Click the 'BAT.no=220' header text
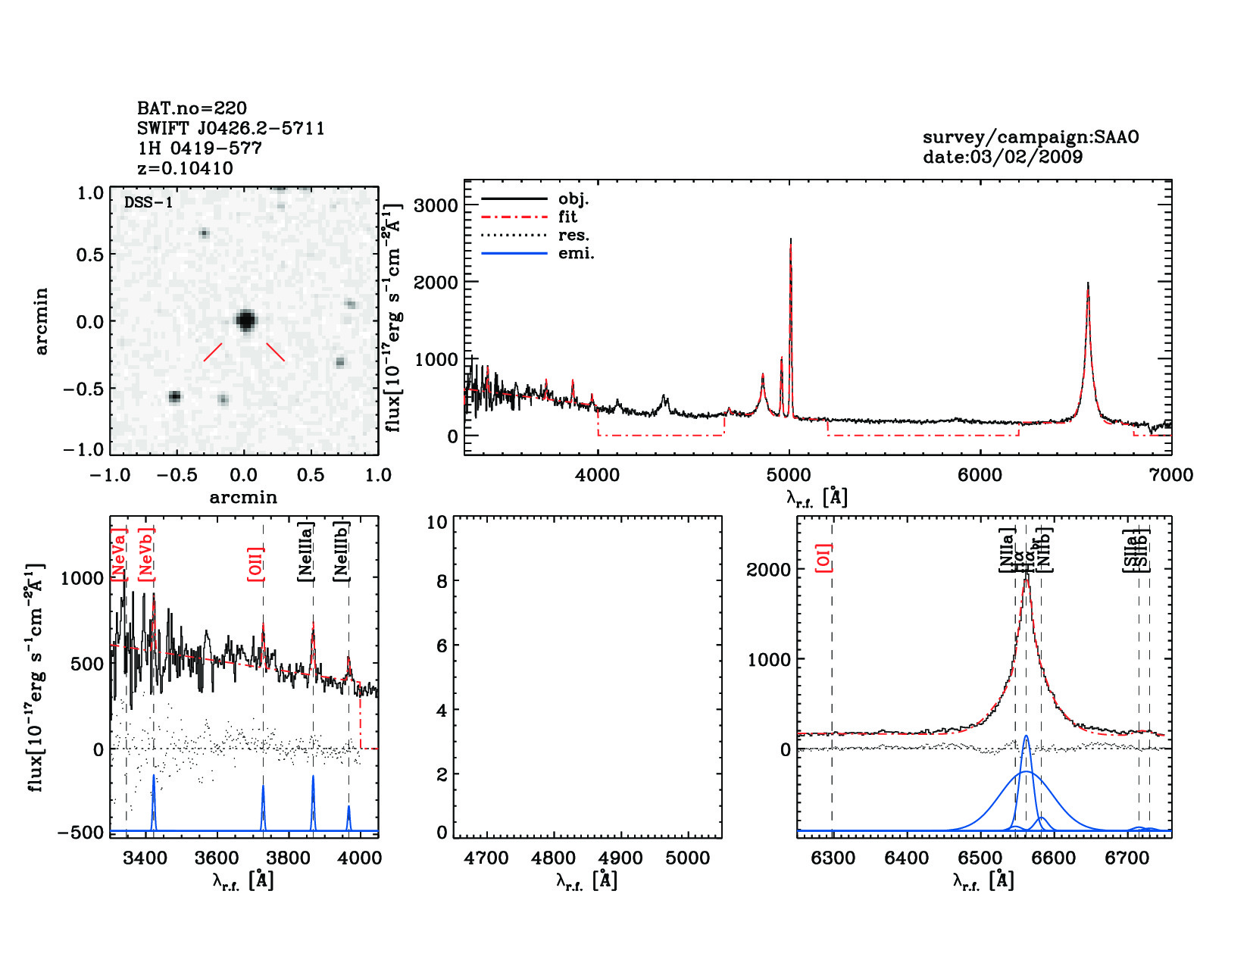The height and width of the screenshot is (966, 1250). tap(192, 108)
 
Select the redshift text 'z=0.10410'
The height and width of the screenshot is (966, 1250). tap(186, 168)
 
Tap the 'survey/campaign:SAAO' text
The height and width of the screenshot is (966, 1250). tap(1030, 137)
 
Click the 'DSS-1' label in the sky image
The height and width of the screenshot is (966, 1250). tap(148, 202)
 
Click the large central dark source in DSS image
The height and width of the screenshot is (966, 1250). tap(245, 320)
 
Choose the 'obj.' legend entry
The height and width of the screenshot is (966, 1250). tap(573, 199)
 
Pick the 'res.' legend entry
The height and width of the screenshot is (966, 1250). tap(573, 236)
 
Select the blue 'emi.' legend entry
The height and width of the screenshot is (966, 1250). tap(576, 254)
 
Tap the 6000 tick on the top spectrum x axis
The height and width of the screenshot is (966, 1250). tap(980, 475)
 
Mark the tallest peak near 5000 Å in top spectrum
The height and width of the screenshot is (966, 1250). tap(790, 241)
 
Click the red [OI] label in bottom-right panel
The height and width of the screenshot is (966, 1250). tap(823, 557)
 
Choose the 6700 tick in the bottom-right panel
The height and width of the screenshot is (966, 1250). tap(1127, 858)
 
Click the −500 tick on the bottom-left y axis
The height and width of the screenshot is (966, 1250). tap(80, 832)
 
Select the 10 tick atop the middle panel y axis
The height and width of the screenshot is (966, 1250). tap(437, 522)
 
